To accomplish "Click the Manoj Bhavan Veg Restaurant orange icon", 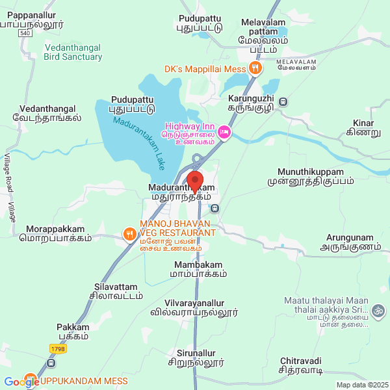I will [130, 233].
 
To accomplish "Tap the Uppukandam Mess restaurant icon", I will [31, 380].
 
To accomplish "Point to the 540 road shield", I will [25, 32].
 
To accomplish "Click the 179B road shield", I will [57, 349].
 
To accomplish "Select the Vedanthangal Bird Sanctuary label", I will [73, 52].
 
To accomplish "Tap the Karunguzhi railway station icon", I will [282, 101].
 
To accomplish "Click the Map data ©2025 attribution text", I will [361, 385].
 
